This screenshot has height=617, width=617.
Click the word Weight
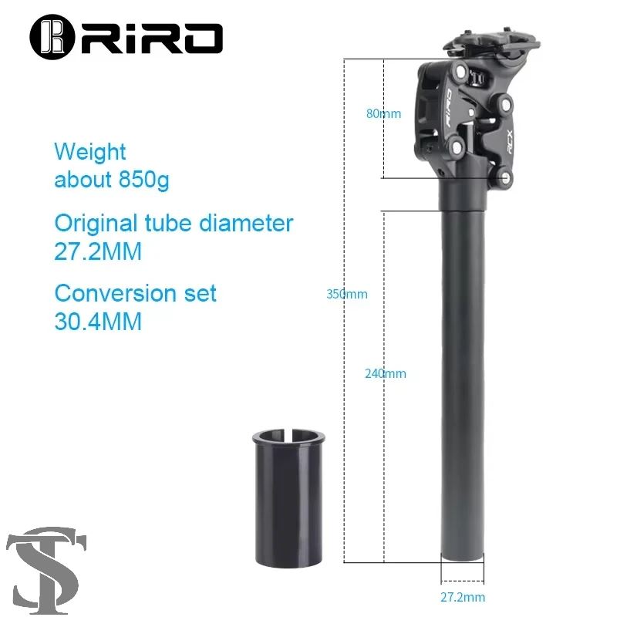pos(90,152)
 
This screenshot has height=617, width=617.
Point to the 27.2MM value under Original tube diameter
pos(98,252)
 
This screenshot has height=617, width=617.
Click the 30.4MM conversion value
pos(98,322)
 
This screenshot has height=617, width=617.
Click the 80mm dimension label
pos(383,114)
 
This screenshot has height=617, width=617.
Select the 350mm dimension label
pos(346,294)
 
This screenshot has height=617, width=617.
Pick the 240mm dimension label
pos(385,374)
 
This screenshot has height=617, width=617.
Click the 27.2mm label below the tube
pos(463,597)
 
